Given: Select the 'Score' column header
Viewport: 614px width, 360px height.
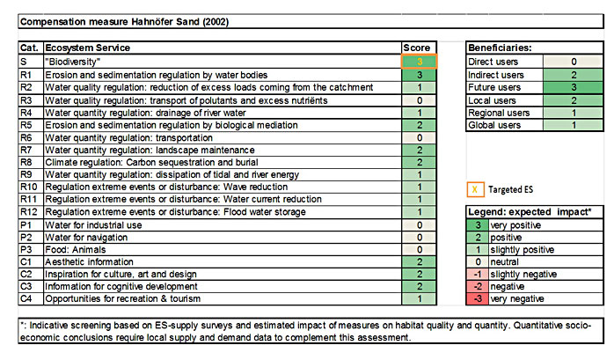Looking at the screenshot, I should click(417, 48).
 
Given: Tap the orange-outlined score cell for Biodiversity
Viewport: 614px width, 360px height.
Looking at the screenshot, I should click(419, 62).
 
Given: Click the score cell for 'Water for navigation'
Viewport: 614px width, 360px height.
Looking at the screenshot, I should click(419, 237).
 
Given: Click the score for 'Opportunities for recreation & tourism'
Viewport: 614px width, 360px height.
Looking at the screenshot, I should click(419, 298).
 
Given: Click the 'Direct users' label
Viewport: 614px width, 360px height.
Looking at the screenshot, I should click(494, 62).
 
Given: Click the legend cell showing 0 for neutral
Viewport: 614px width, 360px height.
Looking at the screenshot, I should click(479, 262).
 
